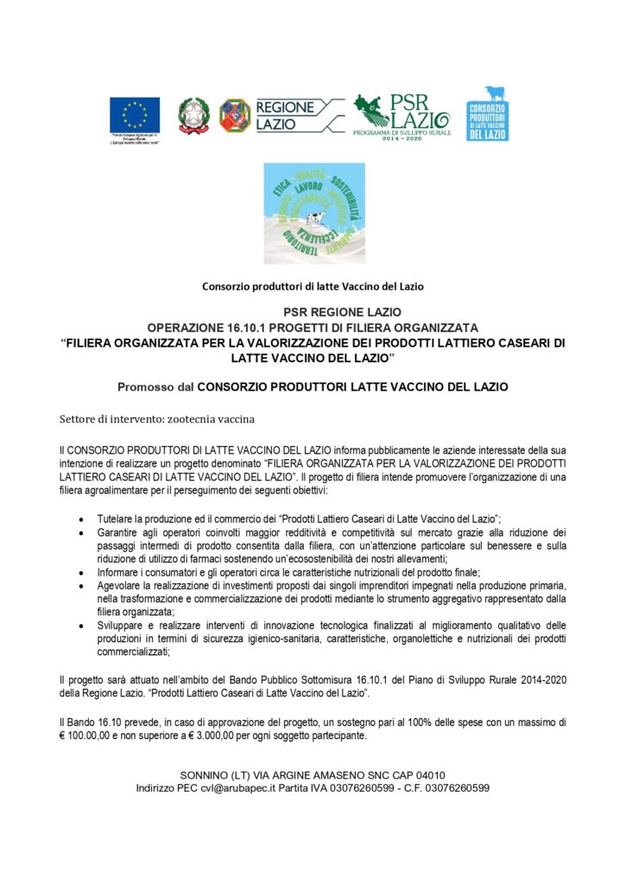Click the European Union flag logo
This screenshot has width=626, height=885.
pyautogui.click(x=135, y=114)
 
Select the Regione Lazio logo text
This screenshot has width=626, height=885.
pyautogui.click(x=285, y=115)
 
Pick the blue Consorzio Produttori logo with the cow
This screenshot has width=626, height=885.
pyautogui.click(x=487, y=113)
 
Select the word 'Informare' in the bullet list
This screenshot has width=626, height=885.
pyautogui.click(x=122, y=573)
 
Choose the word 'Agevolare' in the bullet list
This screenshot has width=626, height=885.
pyautogui.click(x=123, y=587)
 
